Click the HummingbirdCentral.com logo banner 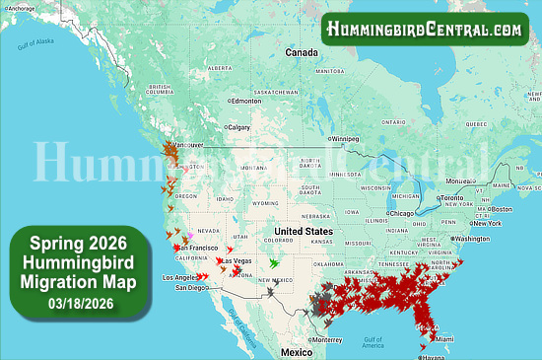[426, 30]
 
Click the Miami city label [443, 339]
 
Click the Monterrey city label [329, 339]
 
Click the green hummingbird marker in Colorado [274, 264]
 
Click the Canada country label [301, 51]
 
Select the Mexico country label [295, 351]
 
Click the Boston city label [502, 208]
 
